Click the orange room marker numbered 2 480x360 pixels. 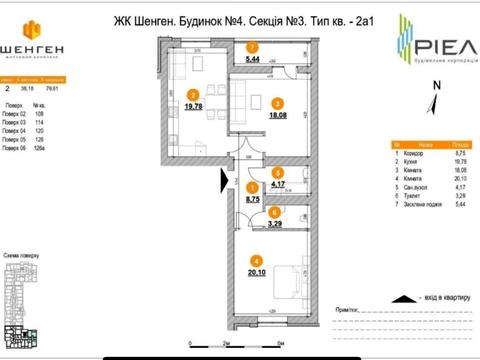coord(191,96)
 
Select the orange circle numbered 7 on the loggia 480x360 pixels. coord(253,47)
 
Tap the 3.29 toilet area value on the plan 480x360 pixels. coord(274,224)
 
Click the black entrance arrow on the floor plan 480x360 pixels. coord(226,179)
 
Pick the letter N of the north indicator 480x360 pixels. coord(436,86)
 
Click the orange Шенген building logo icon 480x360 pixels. coord(33,27)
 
